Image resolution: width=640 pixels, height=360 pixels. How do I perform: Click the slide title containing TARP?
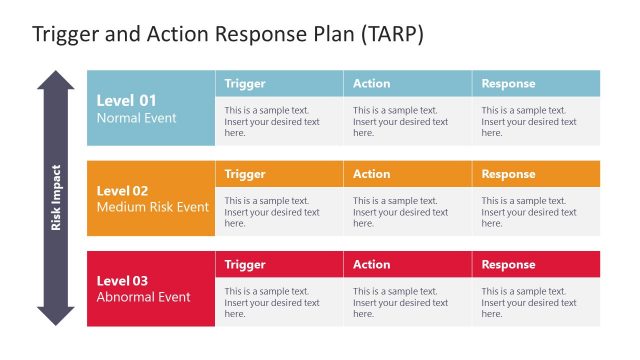pos(228,34)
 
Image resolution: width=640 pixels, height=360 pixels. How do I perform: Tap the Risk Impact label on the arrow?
pos(56,198)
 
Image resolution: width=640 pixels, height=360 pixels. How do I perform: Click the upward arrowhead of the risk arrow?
pos(56,80)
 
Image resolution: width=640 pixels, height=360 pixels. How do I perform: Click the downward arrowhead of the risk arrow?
pos(56,316)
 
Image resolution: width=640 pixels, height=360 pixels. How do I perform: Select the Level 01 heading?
pos(127,100)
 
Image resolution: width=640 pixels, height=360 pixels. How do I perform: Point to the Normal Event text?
pos(136,118)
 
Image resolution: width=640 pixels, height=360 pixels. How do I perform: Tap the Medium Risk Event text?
pos(152,207)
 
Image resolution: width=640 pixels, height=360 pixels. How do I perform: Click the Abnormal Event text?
pos(143,297)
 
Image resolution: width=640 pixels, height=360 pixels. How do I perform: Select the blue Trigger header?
pos(245,84)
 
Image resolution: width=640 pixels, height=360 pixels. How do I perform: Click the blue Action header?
pos(371,84)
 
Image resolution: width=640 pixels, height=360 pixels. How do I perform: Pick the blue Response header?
pos(508,84)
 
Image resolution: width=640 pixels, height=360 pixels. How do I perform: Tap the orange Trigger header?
pos(245,174)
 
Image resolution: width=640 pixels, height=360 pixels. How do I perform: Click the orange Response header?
pos(508,174)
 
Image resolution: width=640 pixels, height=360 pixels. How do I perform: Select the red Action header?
pos(371,264)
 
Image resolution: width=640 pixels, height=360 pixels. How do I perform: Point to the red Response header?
pos(508,264)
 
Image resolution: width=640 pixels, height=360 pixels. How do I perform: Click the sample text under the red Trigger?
pos(272,302)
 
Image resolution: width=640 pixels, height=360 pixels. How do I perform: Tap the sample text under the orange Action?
pos(400,212)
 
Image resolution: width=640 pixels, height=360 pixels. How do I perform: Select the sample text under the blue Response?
pos(529,122)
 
